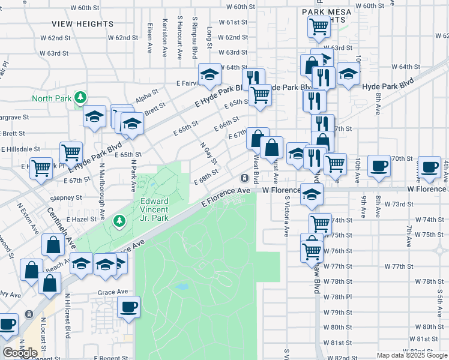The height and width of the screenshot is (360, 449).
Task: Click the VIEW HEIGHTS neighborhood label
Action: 82,24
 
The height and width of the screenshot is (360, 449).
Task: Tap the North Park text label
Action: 52,98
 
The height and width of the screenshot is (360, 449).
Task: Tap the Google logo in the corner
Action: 20,353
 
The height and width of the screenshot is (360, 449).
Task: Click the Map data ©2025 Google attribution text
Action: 411,355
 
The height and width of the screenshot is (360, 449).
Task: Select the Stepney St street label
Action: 65,197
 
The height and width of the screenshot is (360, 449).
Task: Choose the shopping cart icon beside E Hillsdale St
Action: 71,152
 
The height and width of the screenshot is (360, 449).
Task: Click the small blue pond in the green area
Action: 182,287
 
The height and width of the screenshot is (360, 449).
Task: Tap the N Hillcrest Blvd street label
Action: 68,321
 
